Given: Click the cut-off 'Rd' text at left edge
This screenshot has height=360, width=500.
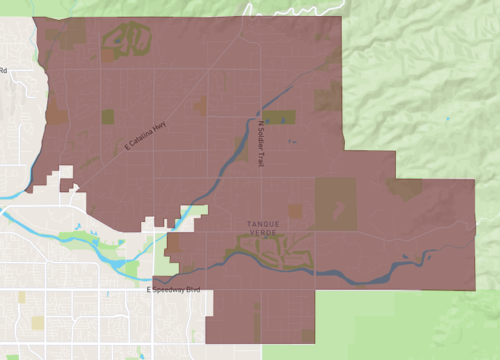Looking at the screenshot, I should click(3, 71).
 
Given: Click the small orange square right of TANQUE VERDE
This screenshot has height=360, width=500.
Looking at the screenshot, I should click(295, 211).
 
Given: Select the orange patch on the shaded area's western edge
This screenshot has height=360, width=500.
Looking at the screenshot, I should click(56, 116).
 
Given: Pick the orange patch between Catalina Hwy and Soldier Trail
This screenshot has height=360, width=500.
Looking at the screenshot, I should click(201, 104).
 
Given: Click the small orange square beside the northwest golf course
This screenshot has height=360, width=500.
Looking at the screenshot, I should click(107, 57).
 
